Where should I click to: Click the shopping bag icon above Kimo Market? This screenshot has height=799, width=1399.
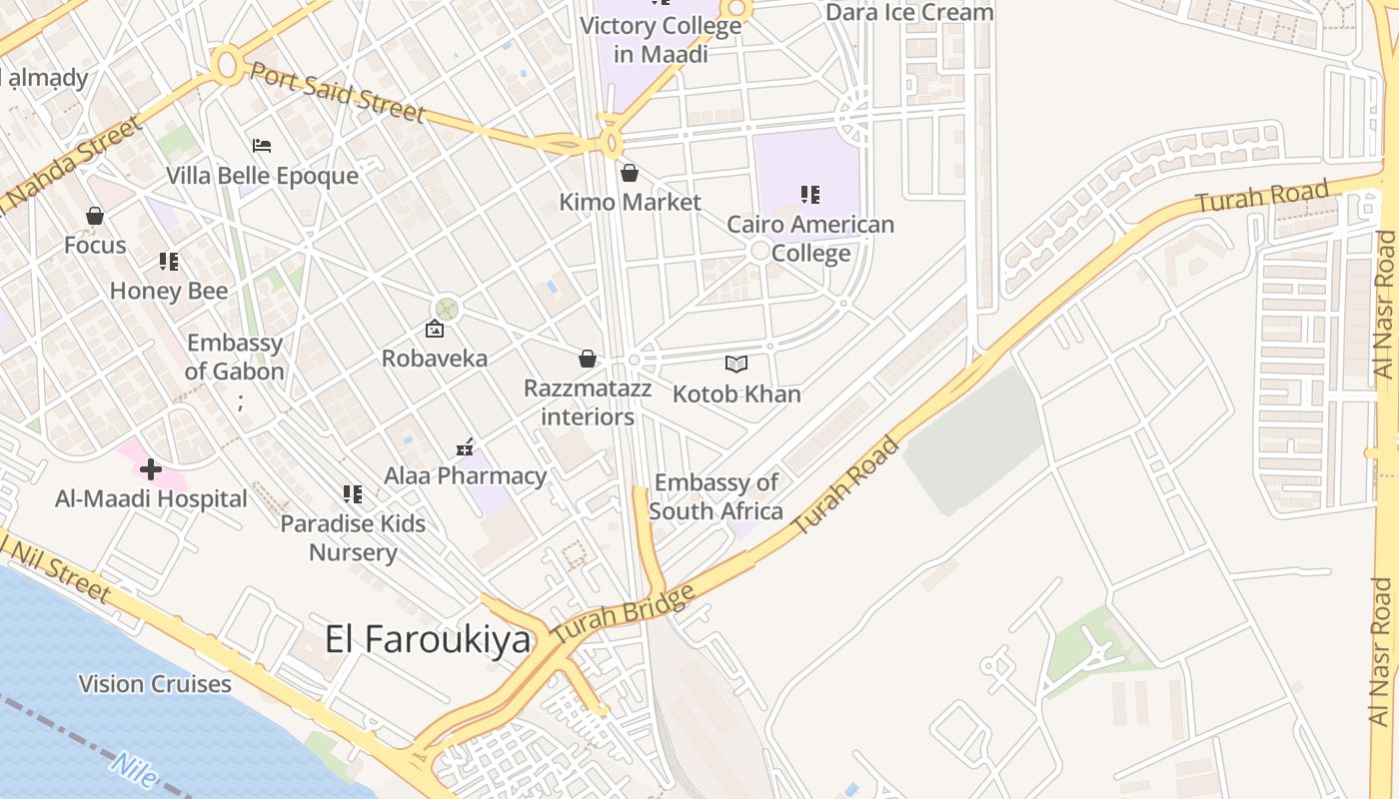coord(630,174)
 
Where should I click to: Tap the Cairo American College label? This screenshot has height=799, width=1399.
coord(810,239)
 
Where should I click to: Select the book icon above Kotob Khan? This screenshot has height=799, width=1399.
coord(736,366)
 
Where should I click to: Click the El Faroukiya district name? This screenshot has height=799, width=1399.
coord(427,639)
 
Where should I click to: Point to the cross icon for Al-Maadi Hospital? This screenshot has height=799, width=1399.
coord(151,468)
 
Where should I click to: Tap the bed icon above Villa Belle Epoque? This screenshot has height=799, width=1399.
coord(262,147)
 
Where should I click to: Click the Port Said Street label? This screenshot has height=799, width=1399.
coord(337,92)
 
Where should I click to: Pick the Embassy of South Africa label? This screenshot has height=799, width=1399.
coord(715,497)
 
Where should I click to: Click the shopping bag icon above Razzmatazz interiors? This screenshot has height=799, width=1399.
coord(588,359)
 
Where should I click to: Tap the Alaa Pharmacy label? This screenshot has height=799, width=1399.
coord(466,475)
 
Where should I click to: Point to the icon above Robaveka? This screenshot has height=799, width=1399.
coord(435,329)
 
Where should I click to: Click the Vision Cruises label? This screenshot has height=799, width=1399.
coord(155,684)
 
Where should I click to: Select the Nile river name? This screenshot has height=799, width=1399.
coord(135,771)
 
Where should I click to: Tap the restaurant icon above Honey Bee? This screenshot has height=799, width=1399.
coord(169,262)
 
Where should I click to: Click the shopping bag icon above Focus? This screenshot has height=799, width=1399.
coord(95,216)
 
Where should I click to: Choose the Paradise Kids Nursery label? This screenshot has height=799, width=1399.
coord(353,538)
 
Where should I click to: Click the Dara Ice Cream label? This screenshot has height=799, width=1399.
coord(909,12)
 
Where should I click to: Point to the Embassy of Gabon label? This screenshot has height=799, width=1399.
coord(236,357)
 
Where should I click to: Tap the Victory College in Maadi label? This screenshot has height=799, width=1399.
coord(661,39)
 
